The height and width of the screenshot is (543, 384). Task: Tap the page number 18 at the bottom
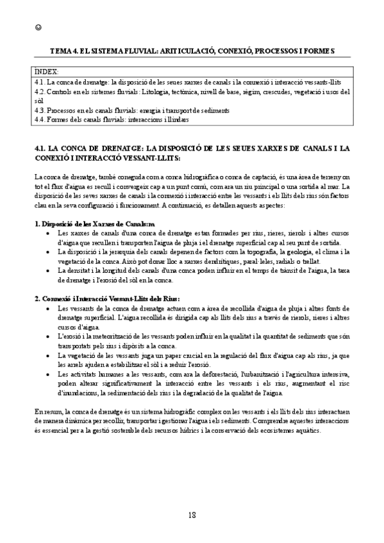pyautogui.click(x=192, y=516)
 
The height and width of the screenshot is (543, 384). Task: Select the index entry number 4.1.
pyautogui.click(x=39, y=83)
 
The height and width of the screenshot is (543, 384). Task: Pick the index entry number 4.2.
pyautogui.click(x=39, y=92)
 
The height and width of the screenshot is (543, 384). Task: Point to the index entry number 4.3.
pyautogui.click(x=39, y=110)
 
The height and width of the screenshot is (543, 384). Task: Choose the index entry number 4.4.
pyautogui.click(x=39, y=119)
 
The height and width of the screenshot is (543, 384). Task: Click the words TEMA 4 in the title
pyautogui.click(x=64, y=50)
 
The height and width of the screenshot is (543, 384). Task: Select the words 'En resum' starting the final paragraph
pyautogui.click(x=46, y=411)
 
